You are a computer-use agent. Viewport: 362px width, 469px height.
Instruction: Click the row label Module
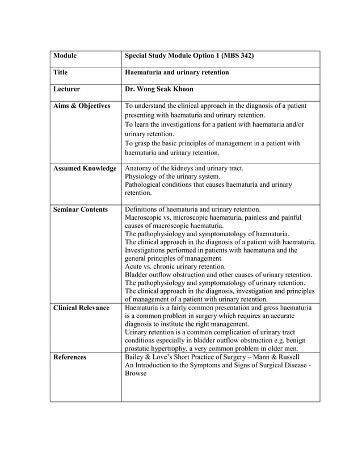(x=65, y=56)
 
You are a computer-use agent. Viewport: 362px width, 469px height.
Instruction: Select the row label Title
(x=60, y=73)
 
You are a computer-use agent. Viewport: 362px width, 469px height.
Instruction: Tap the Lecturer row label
(x=66, y=89)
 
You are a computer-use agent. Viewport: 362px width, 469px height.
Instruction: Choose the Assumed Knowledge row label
(x=85, y=169)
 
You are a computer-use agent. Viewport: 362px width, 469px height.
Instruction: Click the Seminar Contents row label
(x=80, y=210)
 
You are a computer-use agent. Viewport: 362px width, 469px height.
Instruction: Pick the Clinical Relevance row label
(x=81, y=308)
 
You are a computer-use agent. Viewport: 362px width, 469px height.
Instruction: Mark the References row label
(x=70, y=357)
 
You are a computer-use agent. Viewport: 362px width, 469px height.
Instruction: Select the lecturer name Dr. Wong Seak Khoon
(x=161, y=89)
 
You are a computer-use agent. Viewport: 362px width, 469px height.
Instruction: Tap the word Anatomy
(x=139, y=169)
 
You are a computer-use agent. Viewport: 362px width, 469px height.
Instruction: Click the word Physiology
(x=142, y=177)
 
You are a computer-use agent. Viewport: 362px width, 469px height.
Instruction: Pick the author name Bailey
(x=135, y=357)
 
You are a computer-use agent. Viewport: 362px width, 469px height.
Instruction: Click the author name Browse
(x=136, y=374)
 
